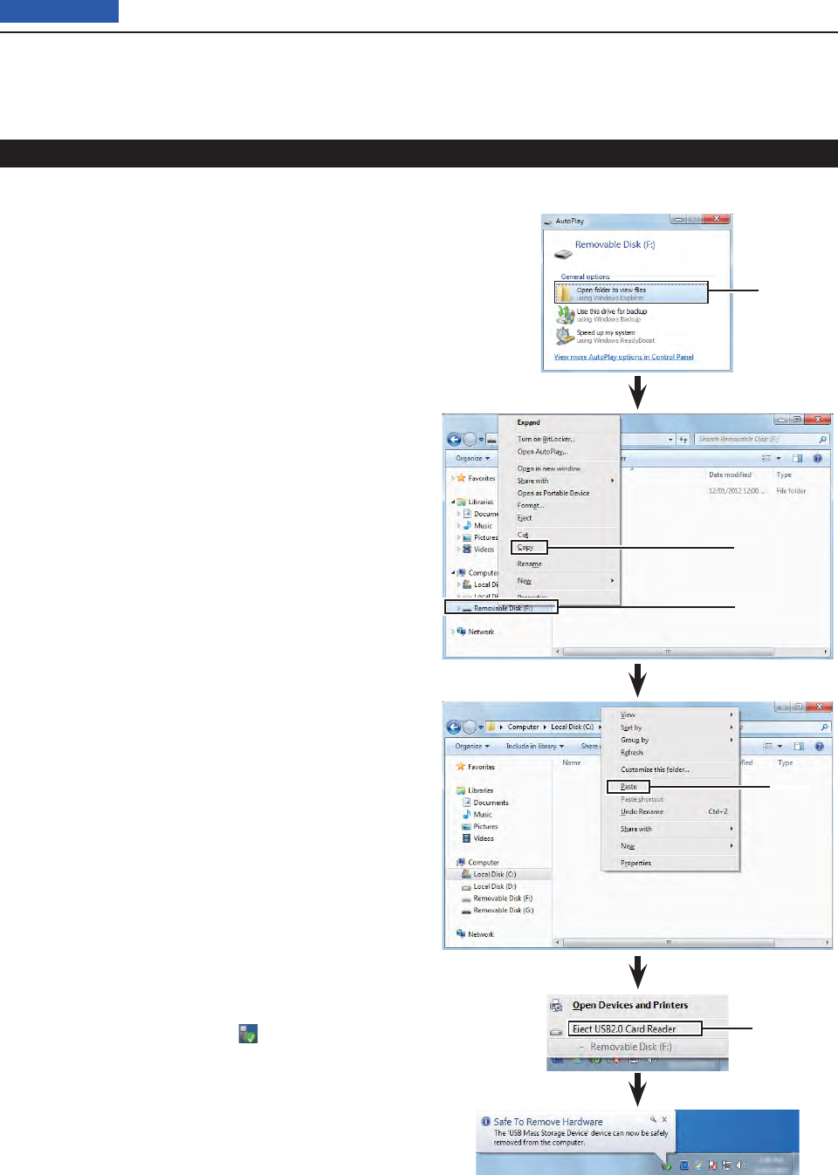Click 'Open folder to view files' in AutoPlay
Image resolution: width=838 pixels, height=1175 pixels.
[x=611, y=290]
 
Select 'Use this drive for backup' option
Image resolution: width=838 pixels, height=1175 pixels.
[x=611, y=311]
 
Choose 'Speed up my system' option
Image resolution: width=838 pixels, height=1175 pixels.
[x=606, y=333]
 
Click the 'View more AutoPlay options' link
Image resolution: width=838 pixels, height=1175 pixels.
[x=623, y=357]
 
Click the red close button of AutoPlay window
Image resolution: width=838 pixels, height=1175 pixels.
[x=717, y=219]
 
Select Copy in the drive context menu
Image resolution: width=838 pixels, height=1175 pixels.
[x=525, y=548]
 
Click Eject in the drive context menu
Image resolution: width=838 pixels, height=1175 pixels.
[x=525, y=518]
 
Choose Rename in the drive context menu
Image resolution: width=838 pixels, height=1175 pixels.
[x=529, y=564]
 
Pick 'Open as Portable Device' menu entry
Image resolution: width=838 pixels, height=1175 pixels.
[x=553, y=494]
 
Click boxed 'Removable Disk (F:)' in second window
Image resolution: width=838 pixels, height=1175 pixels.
[x=502, y=608]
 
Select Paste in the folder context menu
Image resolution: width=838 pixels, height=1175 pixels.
[x=628, y=787]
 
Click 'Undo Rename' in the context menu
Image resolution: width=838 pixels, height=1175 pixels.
[x=642, y=812]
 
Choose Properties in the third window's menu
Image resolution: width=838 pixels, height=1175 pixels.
[x=635, y=864]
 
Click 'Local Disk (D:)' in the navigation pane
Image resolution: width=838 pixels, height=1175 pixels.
[x=494, y=886]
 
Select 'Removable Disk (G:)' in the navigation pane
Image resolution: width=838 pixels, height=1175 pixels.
[x=503, y=911]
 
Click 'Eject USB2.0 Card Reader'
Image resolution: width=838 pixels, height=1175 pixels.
[x=624, y=1029]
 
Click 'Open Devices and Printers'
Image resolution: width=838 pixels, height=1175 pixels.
[x=629, y=1005]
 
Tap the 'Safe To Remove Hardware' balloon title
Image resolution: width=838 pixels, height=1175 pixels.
[x=548, y=1122]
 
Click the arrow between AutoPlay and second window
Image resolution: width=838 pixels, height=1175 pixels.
[x=638, y=392]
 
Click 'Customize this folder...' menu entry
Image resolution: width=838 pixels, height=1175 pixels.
[x=655, y=770]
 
